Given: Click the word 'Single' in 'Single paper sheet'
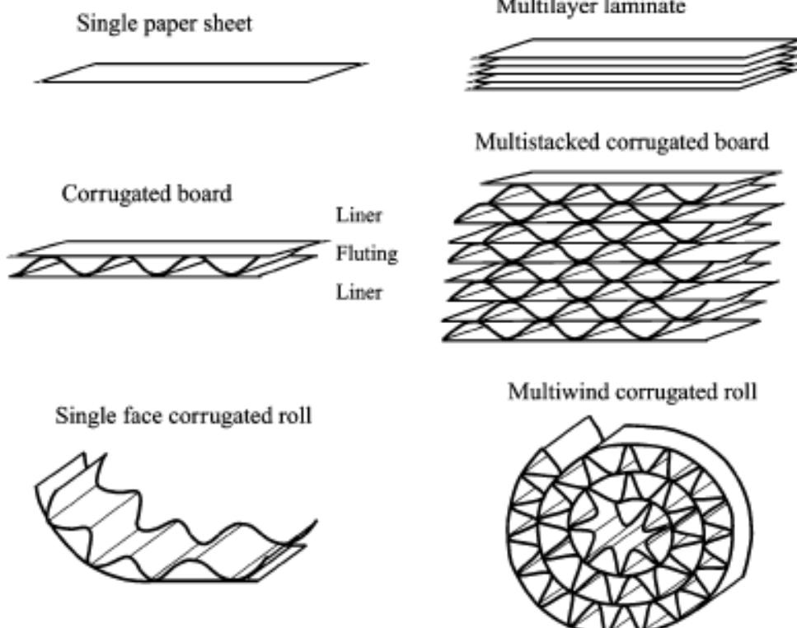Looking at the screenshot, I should [x=102, y=25].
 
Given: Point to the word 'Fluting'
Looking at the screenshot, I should [x=367, y=254].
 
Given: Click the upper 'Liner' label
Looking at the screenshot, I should [x=359, y=217].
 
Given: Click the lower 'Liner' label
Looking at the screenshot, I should [x=359, y=292].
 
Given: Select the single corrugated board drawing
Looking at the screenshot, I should [x=161, y=260].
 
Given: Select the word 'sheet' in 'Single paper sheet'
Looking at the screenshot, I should [x=227, y=25].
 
